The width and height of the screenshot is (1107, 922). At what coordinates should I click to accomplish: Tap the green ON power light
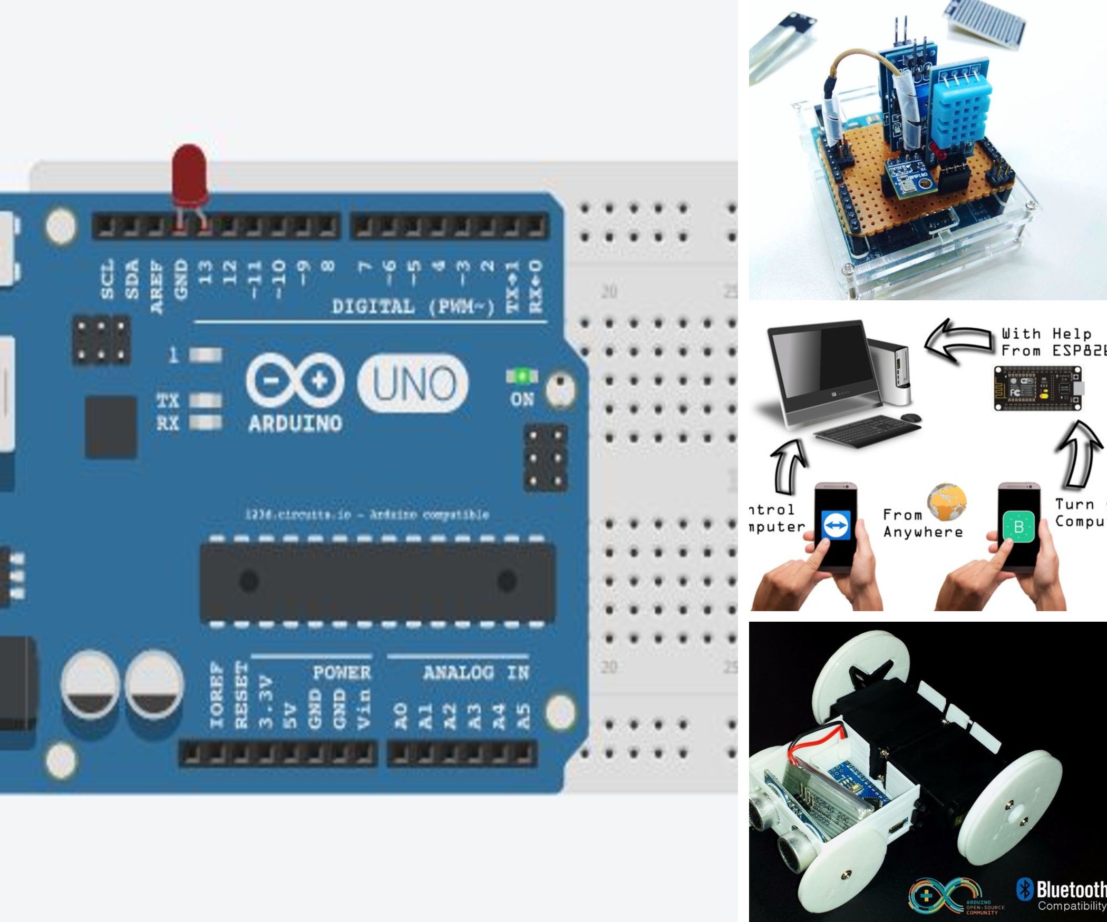[522, 376]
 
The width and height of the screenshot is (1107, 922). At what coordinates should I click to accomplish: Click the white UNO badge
[413, 383]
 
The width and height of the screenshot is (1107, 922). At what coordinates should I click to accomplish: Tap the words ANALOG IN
[475, 673]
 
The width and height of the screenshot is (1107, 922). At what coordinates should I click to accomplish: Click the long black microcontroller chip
[377, 582]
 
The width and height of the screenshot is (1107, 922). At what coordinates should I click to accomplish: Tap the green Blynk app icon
[1018, 526]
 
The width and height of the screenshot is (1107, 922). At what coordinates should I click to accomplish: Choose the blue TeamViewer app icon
[836, 526]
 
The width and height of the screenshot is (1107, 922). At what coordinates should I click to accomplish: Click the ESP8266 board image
[1037, 388]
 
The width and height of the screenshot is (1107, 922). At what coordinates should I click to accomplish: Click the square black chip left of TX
[111, 427]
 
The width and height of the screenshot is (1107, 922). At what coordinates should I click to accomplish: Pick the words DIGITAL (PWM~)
[413, 307]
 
